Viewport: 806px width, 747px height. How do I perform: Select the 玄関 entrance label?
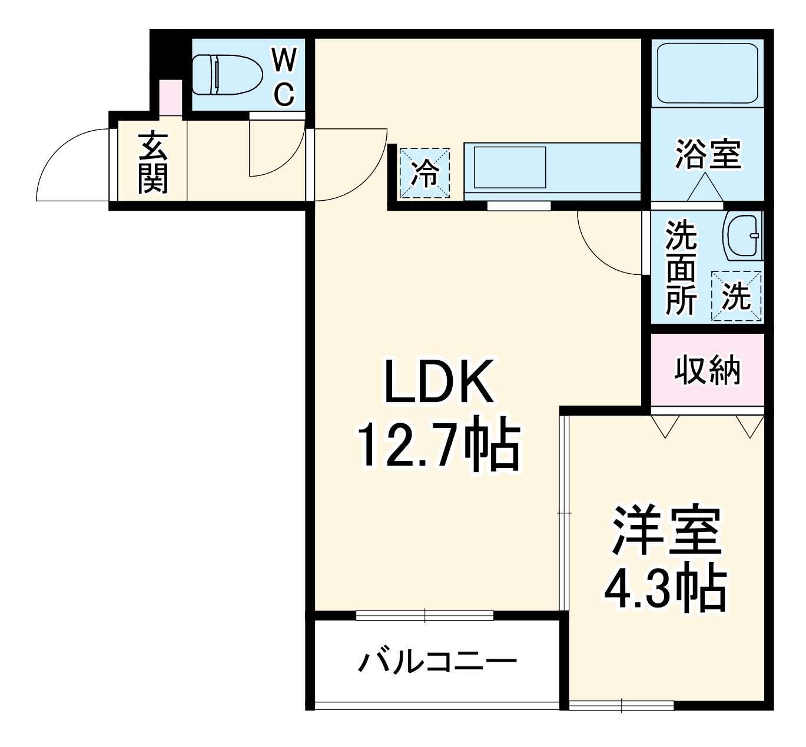[153, 164]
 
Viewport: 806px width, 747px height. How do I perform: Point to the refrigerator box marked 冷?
[424, 172]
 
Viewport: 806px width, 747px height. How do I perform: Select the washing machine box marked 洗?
[736, 296]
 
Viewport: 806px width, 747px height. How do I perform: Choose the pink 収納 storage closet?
[707, 370]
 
